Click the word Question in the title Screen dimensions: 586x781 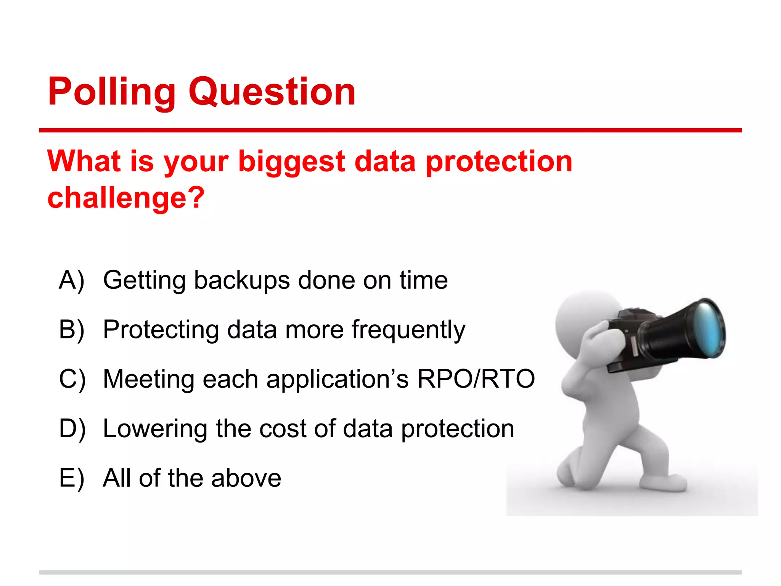tap(272, 92)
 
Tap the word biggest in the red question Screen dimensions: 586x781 tap(291, 162)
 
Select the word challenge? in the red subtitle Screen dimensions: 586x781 tap(126, 198)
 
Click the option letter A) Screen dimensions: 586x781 tap(72, 280)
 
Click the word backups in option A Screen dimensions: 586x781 tap(241, 280)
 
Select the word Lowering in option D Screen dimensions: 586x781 tap(155, 429)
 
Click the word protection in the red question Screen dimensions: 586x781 tap(499, 162)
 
